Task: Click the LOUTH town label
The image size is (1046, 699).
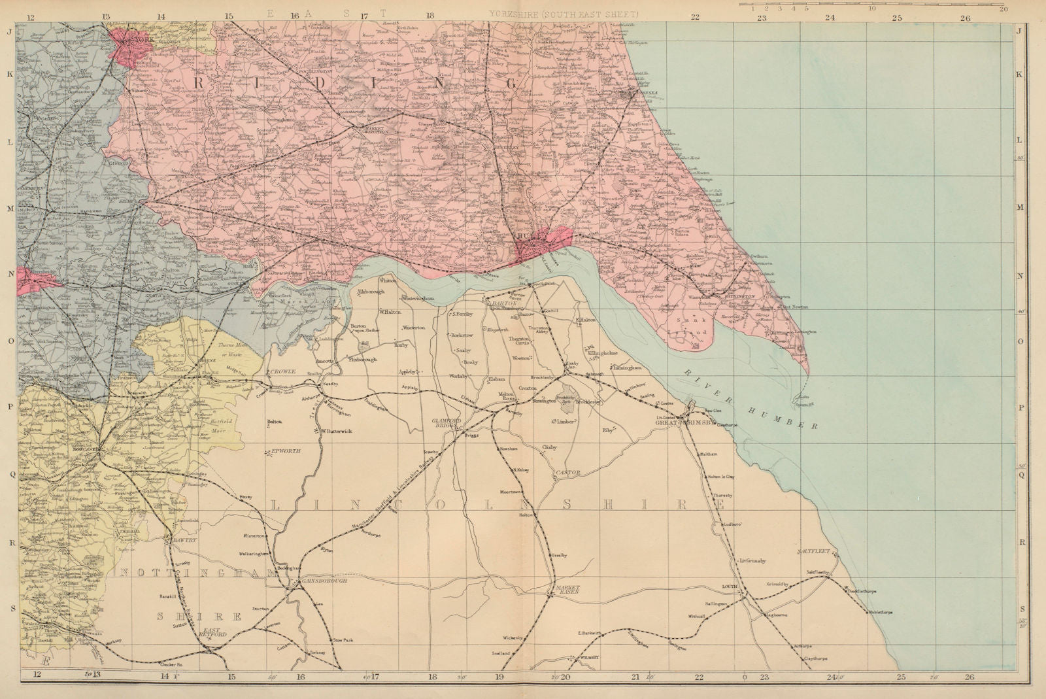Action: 729,587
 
